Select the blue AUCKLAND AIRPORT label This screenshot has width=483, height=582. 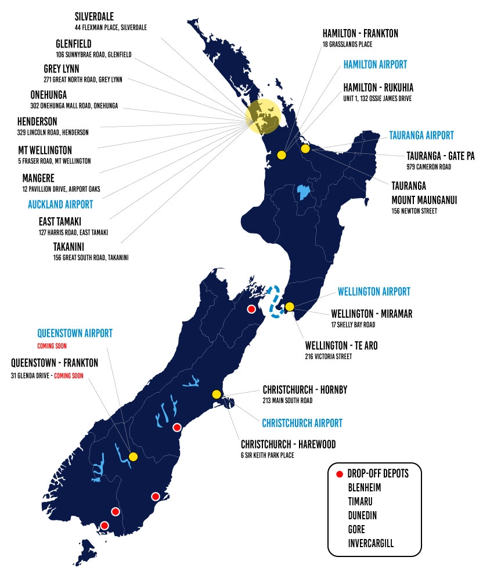click(60, 205)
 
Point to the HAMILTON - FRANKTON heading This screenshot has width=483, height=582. click(360, 34)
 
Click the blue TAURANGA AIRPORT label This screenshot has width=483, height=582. click(422, 135)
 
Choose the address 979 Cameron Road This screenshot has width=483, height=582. click(428, 167)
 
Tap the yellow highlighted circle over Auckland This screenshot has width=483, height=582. click(263, 116)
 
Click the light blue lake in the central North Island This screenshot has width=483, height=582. click(302, 192)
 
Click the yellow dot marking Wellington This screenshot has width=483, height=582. click(290, 307)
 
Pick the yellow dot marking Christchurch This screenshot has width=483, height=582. click(217, 394)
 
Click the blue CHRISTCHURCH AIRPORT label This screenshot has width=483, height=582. click(302, 423)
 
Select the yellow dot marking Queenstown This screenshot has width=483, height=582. click(133, 457)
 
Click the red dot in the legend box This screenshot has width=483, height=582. click(339, 474)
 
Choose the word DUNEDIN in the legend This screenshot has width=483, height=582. click(364, 515)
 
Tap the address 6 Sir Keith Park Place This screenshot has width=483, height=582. click(267, 455)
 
